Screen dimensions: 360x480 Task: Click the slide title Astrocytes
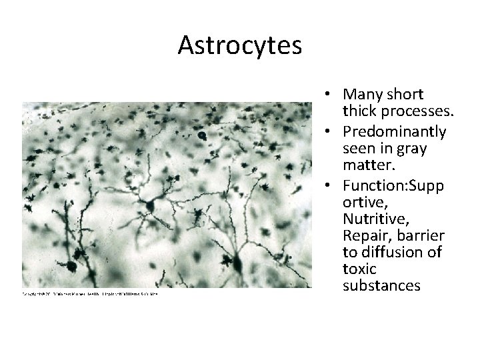[240, 45]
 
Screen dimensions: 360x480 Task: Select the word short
[404, 95]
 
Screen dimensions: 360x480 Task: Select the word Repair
[365, 236]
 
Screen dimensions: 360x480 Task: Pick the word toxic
[359, 269]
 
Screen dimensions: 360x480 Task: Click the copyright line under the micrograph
[91, 293]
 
